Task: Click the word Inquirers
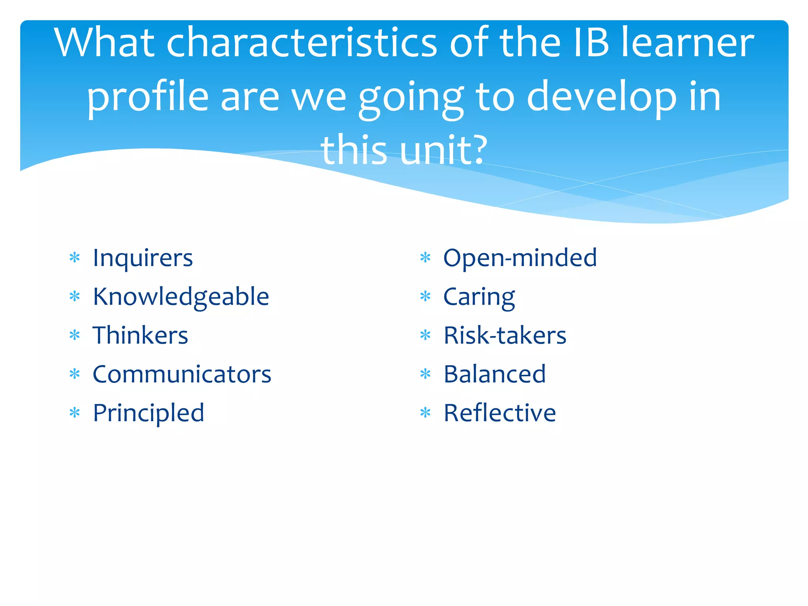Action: (x=142, y=258)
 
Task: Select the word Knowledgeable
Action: (x=181, y=297)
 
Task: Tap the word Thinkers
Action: (x=140, y=336)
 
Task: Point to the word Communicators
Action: (x=182, y=374)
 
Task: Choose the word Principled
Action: (x=148, y=413)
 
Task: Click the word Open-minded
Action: (x=520, y=258)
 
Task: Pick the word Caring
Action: (x=479, y=297)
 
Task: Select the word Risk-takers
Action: (x=505, y=336)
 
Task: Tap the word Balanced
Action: (x=494, y=374)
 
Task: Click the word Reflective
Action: (x=499, y=413)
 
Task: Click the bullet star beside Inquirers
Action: (x=75, y=258)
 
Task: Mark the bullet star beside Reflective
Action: (x=425, y=413)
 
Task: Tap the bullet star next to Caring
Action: (x=425, y=296)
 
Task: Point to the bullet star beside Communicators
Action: (x=75, y=374)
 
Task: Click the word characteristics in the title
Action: (x=301, y=43)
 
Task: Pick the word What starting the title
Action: (x=104, y=43)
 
